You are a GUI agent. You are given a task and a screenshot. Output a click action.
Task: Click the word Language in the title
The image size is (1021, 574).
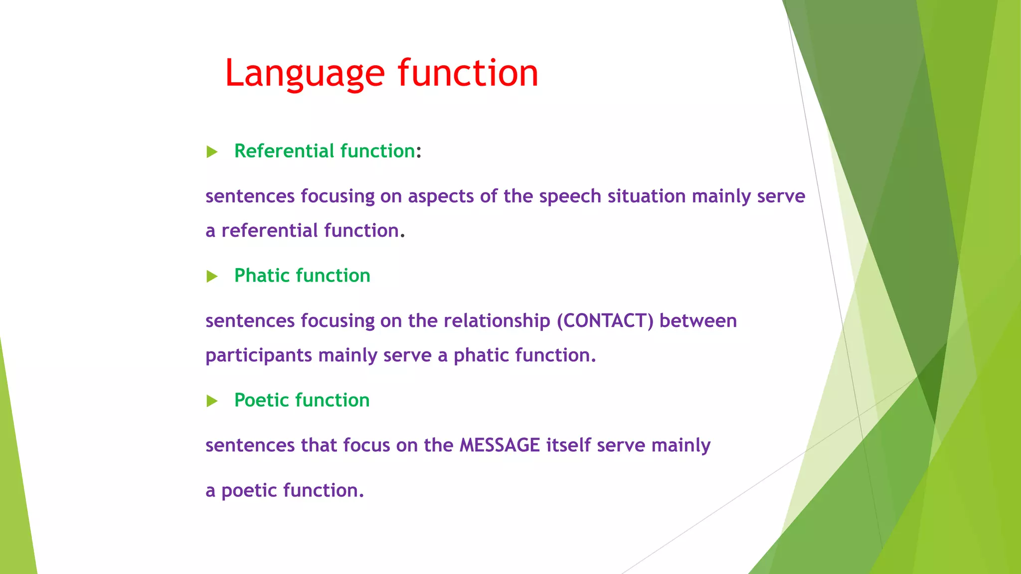coord(305,74)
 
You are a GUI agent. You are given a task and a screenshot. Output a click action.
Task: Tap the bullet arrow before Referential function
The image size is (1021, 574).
coord(212,152)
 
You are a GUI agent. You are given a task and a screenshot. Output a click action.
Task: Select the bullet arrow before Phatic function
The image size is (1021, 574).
coord(212,277)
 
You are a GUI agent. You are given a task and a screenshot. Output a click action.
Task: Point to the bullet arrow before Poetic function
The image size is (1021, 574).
coord(212,401)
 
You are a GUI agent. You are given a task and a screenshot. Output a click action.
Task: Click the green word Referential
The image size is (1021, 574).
coord(284,151)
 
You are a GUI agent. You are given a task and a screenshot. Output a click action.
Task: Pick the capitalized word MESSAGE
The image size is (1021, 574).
coord(500,445)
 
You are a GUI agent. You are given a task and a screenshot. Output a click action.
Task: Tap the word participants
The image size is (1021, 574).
coord(259,356)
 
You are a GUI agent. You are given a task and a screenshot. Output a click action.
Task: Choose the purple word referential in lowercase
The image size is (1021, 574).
coord(269,231)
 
